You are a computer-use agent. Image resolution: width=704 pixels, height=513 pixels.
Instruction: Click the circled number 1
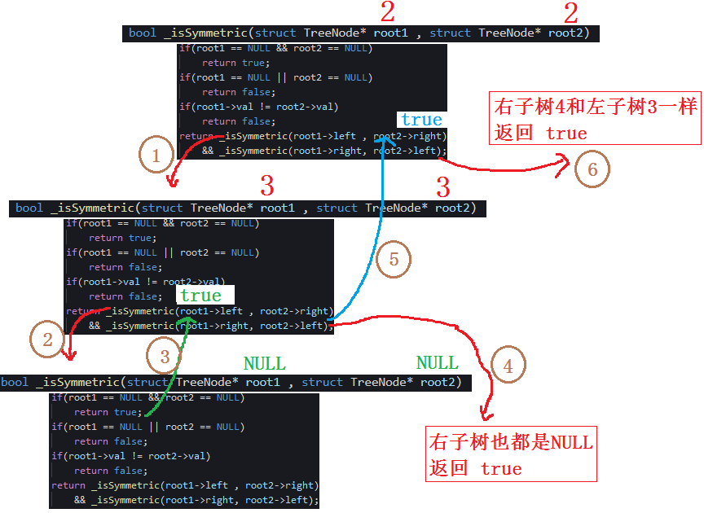[x=156, y=153]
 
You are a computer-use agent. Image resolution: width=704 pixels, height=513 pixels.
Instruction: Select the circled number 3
[x=165, y=357]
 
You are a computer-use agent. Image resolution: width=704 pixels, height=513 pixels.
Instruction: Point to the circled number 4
[x=508, y=366]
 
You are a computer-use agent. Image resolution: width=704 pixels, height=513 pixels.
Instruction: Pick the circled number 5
[x=394, y=260]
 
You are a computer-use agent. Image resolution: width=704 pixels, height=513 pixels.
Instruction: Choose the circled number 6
[x=592, y=169]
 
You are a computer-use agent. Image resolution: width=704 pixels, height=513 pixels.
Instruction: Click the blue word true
[x=421, y=121]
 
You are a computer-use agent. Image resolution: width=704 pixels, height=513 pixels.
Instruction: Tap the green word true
[x=200, y=296]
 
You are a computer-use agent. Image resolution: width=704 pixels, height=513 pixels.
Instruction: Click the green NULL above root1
[x=265, y=363]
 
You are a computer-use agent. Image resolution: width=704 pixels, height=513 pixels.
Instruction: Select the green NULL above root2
[x=438, y=362]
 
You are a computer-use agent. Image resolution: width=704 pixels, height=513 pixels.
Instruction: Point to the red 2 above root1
[x=388, y=12]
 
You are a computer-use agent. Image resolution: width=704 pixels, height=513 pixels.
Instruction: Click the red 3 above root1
[x=266, y=186]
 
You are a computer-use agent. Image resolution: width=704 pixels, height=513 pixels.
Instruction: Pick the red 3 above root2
[x=443, y=188]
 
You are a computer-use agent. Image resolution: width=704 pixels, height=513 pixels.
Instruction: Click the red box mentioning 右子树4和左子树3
[x=595, y=119]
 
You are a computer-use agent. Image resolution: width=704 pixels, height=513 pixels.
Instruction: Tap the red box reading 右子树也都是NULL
[x=512, y=454]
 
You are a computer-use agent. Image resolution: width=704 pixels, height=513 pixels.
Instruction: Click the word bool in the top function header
[x=142, y=33]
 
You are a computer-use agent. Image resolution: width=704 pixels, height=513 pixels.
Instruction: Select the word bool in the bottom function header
[x=15, y=383]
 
